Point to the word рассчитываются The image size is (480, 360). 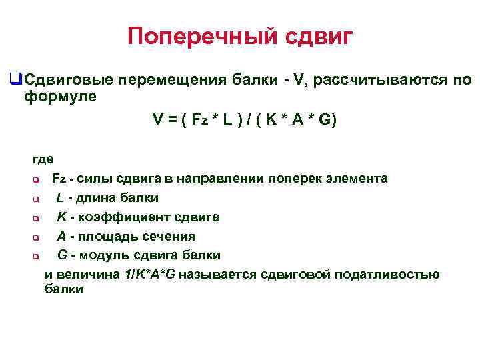click(x=373, y=81)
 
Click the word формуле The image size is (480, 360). click(x=60, y=97)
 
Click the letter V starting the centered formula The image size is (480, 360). click(x=157, y=121)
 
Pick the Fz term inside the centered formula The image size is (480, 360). click(x=199, y=121)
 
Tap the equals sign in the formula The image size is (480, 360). click(x=171, y=121)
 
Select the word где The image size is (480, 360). click(x=43, y=159)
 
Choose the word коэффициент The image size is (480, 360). click(x=120, y=217)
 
